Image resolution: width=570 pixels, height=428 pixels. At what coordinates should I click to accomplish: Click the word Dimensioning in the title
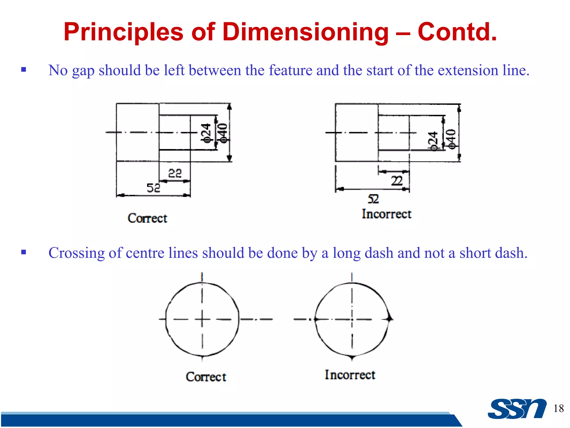click(305, 32)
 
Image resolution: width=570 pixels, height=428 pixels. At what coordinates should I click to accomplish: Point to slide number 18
click(558, 408)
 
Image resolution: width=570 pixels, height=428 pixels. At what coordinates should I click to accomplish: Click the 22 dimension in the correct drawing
click(175, 173)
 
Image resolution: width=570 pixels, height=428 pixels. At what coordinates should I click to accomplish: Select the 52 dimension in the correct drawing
click(153, 188)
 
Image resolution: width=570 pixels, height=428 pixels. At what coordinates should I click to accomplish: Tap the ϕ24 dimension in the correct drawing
click(206, 133)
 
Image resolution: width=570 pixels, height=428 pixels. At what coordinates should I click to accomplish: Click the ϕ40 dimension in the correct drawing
click(223, 133)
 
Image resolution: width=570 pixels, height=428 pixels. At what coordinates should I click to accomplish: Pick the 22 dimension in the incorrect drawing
click(397, 181)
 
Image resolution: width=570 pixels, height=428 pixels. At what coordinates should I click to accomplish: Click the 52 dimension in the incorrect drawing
click(373, 199)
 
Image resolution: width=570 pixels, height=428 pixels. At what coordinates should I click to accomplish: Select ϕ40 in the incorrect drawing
click(451, 139)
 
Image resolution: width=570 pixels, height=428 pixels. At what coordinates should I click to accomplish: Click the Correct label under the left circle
click(206, 377)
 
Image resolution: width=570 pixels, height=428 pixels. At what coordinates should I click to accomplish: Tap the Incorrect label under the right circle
click(350, 375)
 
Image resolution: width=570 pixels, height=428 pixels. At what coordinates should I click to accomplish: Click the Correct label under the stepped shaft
click(148, 218)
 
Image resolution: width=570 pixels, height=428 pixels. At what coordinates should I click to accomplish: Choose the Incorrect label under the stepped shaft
click(387, 214)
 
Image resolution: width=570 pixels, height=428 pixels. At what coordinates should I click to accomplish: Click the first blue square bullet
click(24, 69)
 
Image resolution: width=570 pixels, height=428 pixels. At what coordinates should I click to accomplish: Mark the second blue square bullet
click(24, 252)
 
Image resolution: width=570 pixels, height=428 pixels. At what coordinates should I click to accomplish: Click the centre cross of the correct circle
click(202, 319)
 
